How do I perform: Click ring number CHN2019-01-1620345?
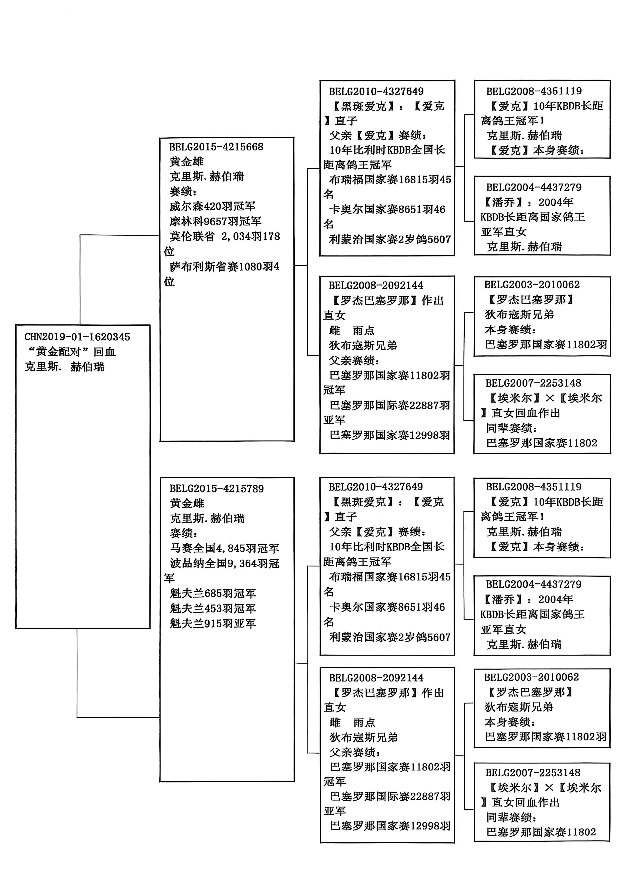pyautogui.click(x=77, y=337)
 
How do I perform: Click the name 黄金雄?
pyautogui.click(x=187, y=161)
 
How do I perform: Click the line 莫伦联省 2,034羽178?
pyautogui.click(x=225, y=236)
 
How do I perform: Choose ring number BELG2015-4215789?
pyautogui.click(x=217, y=489)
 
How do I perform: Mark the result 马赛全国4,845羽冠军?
pyautogui.click(x=225, y=548)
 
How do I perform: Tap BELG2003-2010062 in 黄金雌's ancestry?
pyautogui.click(x=531, y=677)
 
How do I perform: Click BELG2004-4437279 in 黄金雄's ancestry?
pyautogui.click(x=534, y=187)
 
